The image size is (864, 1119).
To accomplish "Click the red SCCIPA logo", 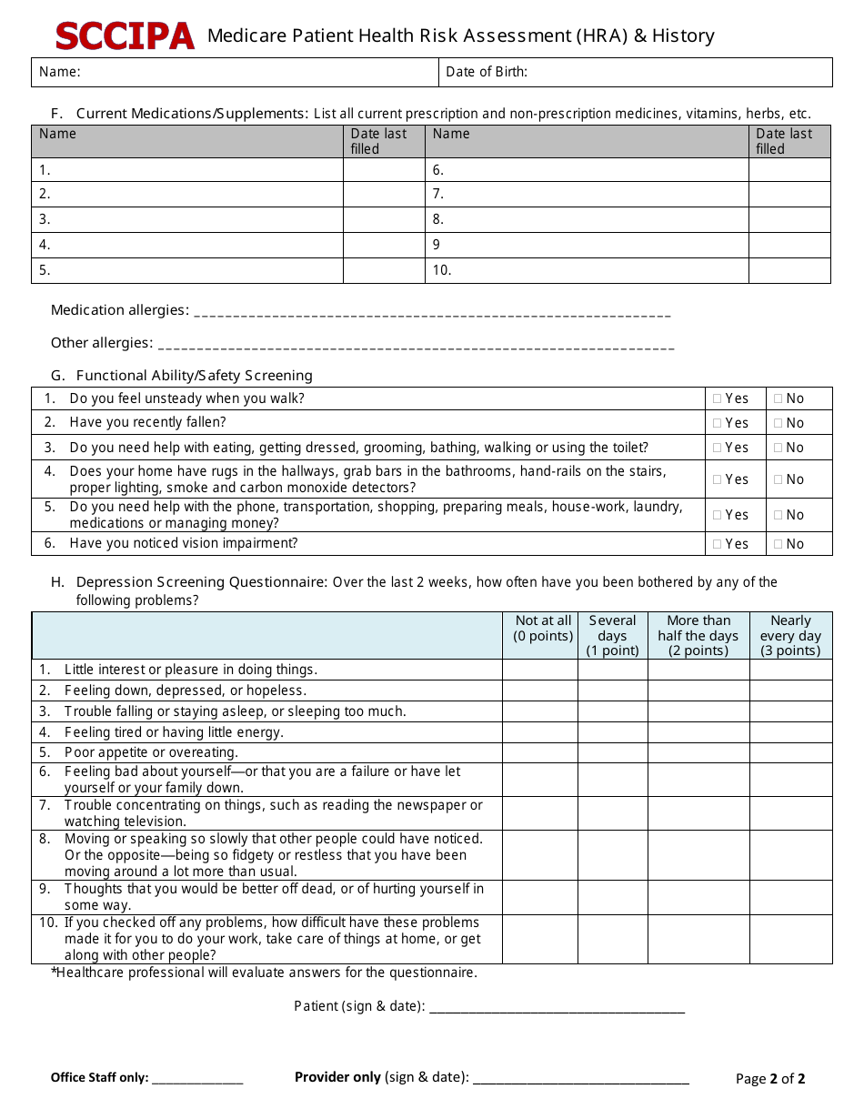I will [125, 35].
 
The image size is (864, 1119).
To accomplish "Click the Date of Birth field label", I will [487, 72].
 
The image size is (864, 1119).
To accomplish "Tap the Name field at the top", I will [236, 72].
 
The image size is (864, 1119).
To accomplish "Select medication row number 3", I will [187, 219].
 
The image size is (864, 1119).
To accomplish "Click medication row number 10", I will [587, 270].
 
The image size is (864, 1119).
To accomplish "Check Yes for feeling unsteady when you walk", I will [718, 398].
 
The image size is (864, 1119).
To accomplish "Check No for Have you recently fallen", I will [779, 423].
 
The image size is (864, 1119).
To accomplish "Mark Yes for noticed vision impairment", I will [718, 544].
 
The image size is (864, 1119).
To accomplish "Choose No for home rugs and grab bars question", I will [779, 479].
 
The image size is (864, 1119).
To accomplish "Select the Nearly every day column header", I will [790, 635].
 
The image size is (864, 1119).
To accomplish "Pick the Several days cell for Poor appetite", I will [612, 752].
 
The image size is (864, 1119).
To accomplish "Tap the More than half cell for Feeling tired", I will [698, 732].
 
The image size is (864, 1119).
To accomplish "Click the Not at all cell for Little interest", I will [540, 670].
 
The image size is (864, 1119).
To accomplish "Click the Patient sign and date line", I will [557, 1006].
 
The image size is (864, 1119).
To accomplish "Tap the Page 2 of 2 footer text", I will [770, 1079].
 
